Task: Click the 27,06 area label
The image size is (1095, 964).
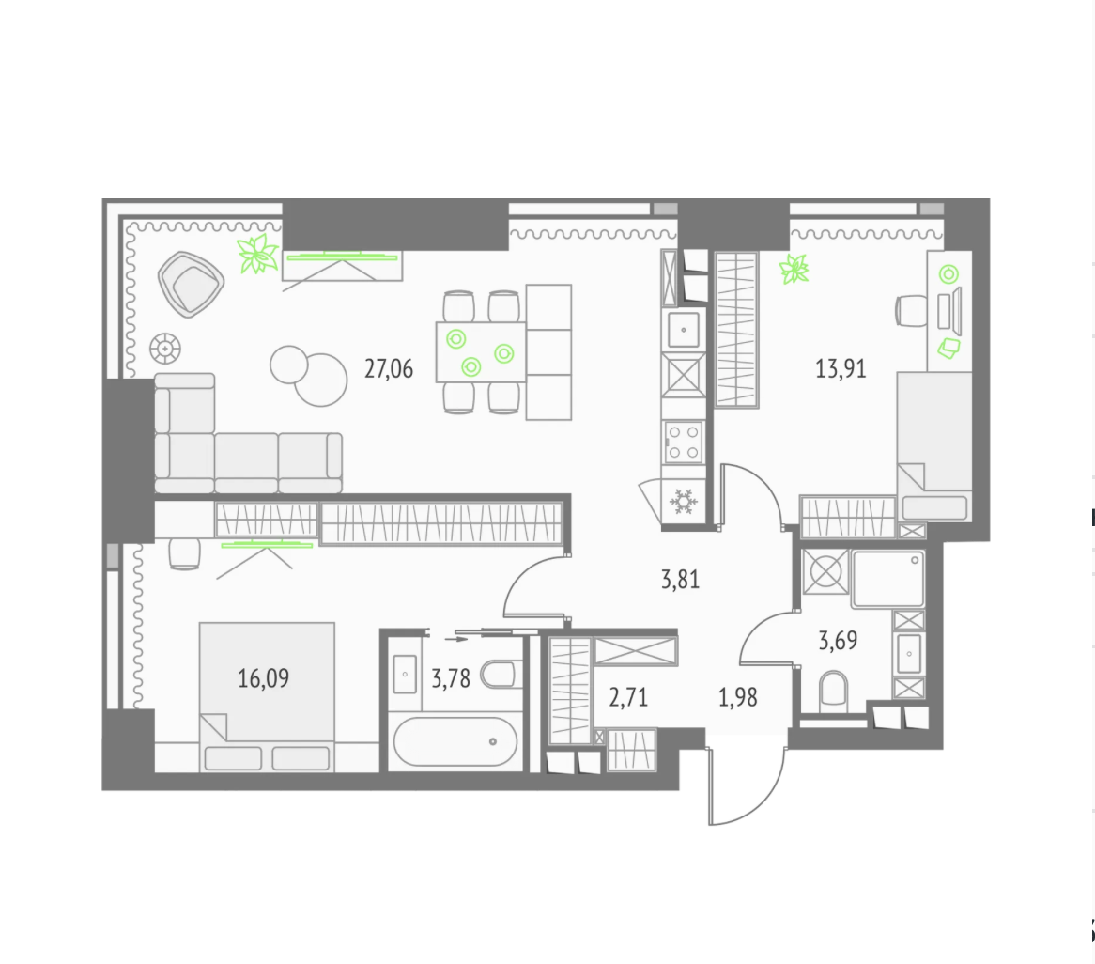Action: [x=388, y=369]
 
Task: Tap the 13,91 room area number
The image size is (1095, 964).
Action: [x=841, y=369]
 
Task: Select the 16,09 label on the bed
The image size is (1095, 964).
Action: [x=263, y=678]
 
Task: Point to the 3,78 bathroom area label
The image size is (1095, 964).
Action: [x=451, y=678]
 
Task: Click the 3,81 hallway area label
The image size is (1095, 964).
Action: [x=680, y=579]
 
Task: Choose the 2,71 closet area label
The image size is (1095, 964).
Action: [x=628, y=697]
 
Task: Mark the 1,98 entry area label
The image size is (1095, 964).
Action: [x=737, y=697]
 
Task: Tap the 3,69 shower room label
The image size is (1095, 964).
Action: [x=838, y=640]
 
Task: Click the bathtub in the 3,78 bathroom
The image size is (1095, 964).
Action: [x=455, y=742]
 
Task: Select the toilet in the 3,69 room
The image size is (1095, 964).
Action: [x=832, y=689]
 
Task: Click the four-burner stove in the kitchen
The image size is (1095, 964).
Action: [x=684, y=443]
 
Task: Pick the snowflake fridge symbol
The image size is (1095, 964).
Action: [x=683, y=503]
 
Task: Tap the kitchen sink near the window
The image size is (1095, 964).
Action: [x=684, y=330]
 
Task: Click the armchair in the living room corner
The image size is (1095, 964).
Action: [x=191, y=284]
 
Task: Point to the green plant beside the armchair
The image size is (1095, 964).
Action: [x=257, y=254]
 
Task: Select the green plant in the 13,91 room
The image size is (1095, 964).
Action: [x=794, y=269]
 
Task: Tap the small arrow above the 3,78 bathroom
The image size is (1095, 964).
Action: [x=456, y=639]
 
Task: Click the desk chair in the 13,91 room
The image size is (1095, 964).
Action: [x=911, y=311]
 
